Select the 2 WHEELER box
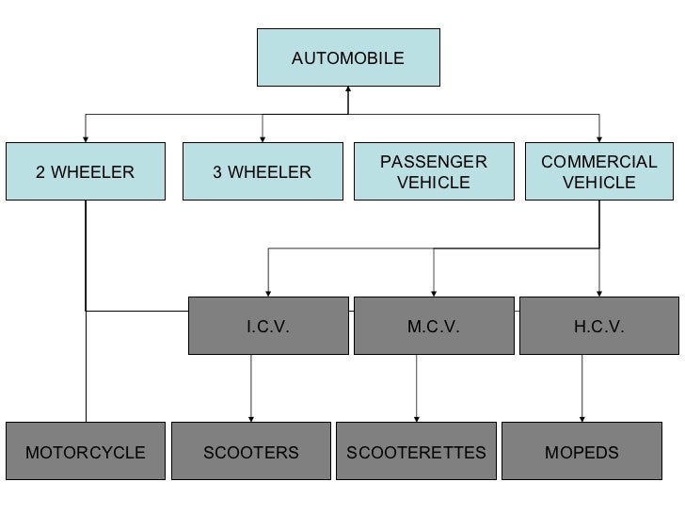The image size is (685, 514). [x=86, y=172]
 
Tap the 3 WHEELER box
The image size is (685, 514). [x=262, y=172]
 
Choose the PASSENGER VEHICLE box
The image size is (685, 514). [x=434, y=172]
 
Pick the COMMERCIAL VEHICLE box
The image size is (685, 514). [x=598, y=172]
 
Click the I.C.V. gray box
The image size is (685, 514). [x=267, y=327]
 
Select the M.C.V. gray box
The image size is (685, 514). [x=433, y=327]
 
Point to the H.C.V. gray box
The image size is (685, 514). [x=598, y=327]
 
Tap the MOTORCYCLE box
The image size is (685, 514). [x=86, y=453]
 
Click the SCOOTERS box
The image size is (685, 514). [x=251, y=453]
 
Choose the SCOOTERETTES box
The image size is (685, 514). [x=416, y=453]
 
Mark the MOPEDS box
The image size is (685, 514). [x=581, y=453]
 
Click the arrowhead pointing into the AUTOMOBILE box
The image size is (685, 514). [x=348, y=90]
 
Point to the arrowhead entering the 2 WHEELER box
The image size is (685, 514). [x=86, y=137]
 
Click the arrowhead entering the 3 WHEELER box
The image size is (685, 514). [x=262, y=137]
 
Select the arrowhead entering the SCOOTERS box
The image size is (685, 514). [x=251, y=417]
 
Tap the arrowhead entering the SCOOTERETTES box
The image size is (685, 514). [x=416, y=417]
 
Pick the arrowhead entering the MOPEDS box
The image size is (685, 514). [x=581, y=417]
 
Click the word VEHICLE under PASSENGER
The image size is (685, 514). [x=434, y=183]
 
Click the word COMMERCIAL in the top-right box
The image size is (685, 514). [x=598, y=162]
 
